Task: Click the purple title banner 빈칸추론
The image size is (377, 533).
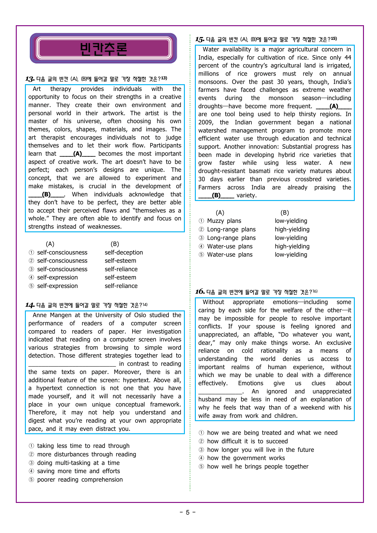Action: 103,49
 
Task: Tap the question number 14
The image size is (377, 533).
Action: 29,305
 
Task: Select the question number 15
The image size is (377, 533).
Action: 199,40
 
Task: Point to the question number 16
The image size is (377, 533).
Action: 199,292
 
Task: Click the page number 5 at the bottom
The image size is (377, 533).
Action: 188,513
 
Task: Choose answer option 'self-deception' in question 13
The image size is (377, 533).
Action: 123,253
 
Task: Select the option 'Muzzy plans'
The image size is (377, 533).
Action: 224,221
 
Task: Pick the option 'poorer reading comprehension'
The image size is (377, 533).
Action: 80,480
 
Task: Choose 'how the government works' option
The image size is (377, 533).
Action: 246,458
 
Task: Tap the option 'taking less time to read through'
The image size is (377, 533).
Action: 83,446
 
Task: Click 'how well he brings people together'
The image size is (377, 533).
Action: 258,467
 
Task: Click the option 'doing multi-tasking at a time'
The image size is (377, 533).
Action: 78,463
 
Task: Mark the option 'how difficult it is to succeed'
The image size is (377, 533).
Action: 247,441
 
